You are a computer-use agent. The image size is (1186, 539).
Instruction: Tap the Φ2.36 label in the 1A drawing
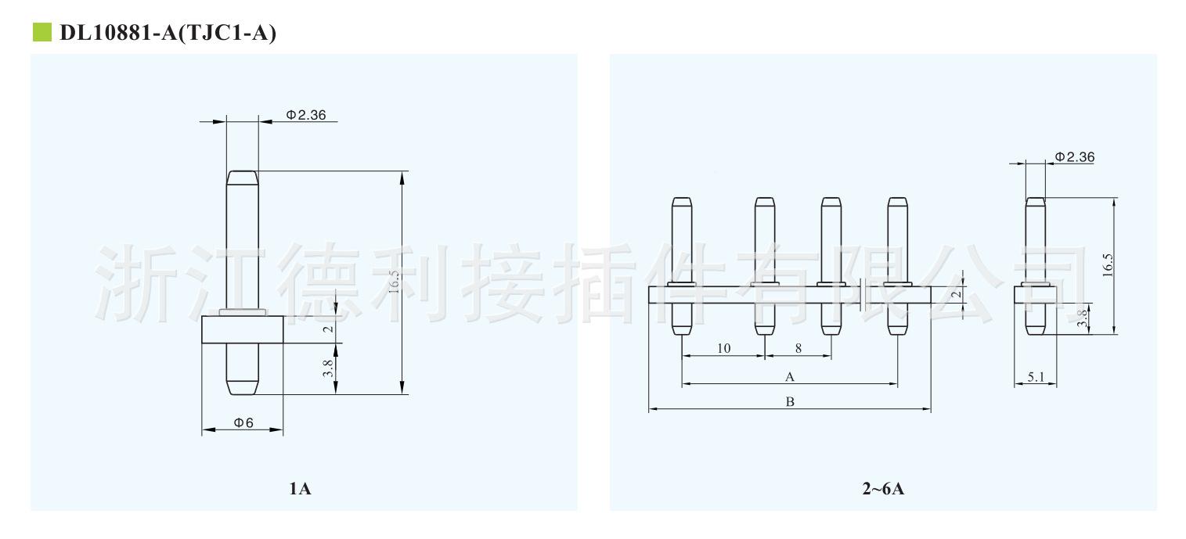[305, 115]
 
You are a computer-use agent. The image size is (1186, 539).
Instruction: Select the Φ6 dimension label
[243, 422]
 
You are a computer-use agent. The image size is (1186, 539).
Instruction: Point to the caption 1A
[300, 490]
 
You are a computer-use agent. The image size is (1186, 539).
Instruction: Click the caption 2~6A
[883, 490]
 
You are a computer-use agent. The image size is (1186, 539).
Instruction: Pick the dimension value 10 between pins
[723, 348]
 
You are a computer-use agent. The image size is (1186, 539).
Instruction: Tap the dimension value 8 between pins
[798, 348]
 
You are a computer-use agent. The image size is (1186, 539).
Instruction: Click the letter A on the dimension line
[790, 377]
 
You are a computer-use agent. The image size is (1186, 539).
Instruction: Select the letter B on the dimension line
[790, 402]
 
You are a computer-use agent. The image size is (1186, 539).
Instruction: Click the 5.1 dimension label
[1036, 377]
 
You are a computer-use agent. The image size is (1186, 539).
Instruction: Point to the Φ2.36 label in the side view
[1074, 157]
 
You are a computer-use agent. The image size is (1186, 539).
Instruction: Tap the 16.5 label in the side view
[1108, 266]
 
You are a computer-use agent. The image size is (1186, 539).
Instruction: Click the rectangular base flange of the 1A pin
[242, 329]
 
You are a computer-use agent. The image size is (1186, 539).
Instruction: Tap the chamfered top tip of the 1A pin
[242, 177]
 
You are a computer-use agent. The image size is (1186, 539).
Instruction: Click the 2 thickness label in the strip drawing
[954, 294]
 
